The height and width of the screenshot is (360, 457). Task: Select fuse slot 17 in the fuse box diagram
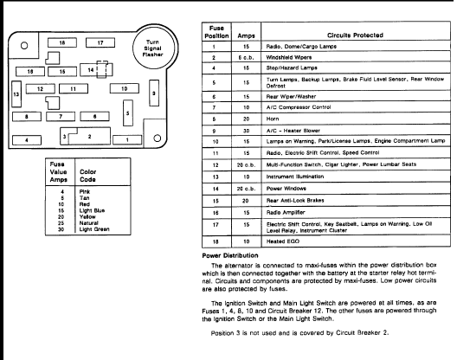[x=100, y=42]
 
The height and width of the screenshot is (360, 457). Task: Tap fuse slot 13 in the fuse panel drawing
[x=16, y=93]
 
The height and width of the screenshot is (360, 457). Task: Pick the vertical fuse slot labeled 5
[x=128, y=113]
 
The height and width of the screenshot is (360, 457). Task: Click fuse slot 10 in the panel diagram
[x=125, y=88]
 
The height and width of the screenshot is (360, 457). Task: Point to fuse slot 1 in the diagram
[x=127, y=140]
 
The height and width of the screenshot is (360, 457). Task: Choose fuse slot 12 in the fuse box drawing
[x=41, y=88]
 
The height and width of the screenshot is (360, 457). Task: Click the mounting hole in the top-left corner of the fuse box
[x=24, y=46]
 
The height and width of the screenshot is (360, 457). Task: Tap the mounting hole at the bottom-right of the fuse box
[x=158, y=138]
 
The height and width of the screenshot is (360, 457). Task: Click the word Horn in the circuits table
[x=273, y=119]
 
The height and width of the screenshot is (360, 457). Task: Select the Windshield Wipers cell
[x=289, y=57]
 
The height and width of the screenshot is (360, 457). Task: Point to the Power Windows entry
[x=286, y=189]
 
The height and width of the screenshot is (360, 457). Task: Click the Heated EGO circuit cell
[x=283, y=241]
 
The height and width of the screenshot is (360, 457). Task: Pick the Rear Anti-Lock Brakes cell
[x=295, y=201]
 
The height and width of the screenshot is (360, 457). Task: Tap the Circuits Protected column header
[x=355, y=35]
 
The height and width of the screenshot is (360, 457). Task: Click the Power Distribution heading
[x=230, y=255]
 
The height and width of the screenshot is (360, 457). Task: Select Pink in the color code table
[x=85, y=191]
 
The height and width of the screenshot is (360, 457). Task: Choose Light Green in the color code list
[x=94, y=229]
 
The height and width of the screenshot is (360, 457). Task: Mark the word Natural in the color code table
[x=89, y=223]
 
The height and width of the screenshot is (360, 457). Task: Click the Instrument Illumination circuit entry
[x=295, y=177]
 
